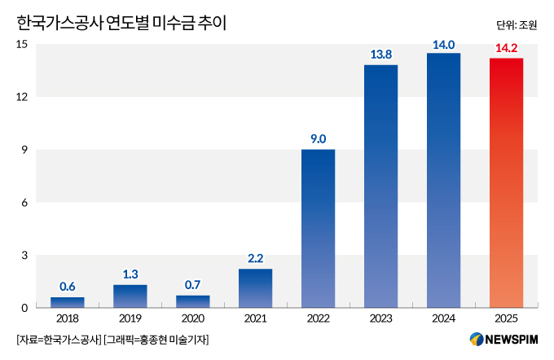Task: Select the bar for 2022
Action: [x=318, y=228]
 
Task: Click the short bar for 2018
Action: [x=68, y=302]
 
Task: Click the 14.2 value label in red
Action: [x=506, y=48]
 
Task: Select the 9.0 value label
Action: [x=318, y=139]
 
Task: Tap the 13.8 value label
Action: [x=380, y=55]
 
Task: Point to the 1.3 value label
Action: [x=130, y=274]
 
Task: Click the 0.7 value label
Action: [x=193, y=285]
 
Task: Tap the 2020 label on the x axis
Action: [x=193, y=319]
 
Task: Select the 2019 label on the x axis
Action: [x=130, y=319]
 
